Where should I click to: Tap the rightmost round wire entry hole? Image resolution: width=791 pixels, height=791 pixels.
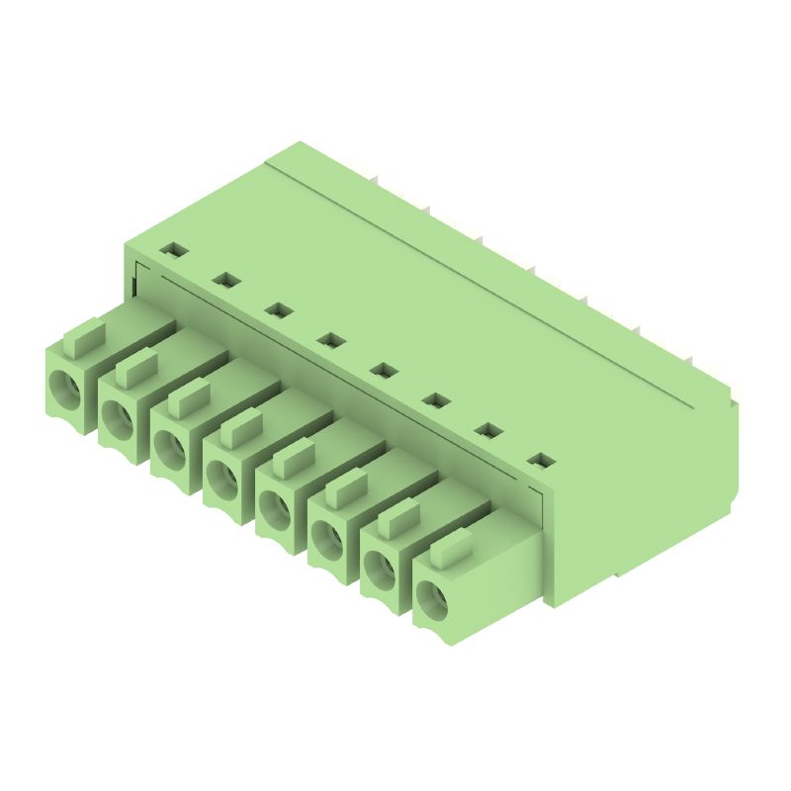(433, 597)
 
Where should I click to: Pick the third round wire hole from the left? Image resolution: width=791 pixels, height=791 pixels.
(172, 446)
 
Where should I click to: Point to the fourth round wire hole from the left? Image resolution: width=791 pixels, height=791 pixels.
(224, 477)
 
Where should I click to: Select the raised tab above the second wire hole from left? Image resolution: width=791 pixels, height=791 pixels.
(135, 369)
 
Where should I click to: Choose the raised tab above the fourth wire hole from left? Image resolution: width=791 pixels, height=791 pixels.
(240, 430)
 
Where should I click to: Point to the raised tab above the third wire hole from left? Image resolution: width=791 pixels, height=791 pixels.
(188, 399)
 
